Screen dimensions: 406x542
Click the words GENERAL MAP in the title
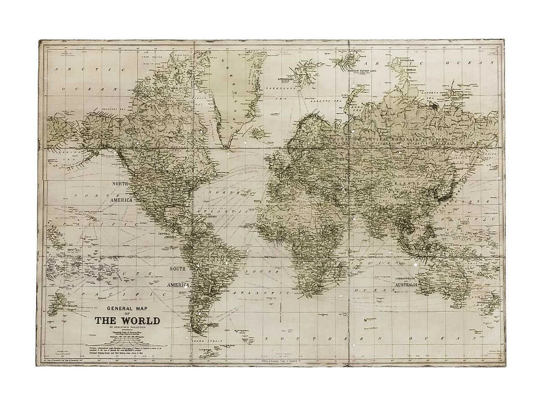pos(127,308)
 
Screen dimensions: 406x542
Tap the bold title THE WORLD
pos(127,321)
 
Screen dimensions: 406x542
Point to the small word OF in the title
pos(127,314)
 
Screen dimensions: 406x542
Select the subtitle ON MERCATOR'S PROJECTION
pos(127,328)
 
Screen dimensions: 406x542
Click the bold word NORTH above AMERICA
pos(121,184)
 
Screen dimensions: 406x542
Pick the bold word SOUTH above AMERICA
pos(177,269)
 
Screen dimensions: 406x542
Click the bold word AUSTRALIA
pos(407,285)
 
